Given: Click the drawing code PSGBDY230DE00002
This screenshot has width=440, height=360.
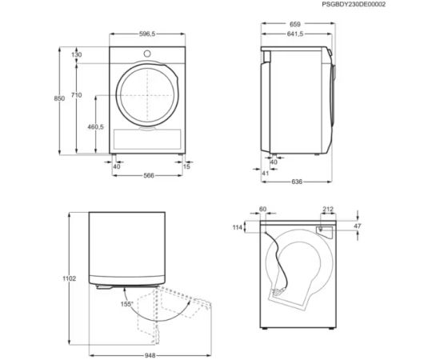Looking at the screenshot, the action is pos(354,4).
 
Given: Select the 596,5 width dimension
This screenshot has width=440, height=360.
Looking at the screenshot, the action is pos(147,34).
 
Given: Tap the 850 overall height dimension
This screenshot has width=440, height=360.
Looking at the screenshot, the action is pos(59,98).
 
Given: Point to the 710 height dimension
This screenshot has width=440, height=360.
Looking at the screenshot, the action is pos(76,95).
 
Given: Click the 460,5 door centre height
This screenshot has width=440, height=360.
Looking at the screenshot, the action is pos(96,127).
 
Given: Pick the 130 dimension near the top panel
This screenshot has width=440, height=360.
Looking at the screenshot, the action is pos(76,54).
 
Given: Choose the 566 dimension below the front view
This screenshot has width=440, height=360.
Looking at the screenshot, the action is pos(149,176).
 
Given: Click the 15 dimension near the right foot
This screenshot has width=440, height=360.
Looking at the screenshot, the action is pos(186,166).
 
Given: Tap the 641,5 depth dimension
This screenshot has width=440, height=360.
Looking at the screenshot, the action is pos(295,34).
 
